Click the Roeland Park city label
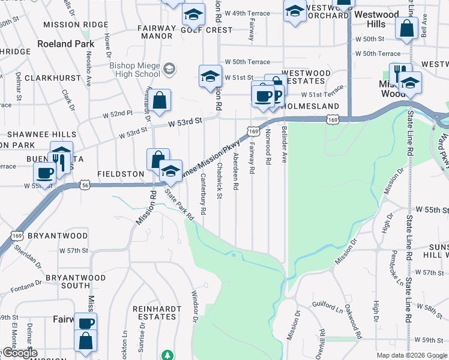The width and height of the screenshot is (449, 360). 66,44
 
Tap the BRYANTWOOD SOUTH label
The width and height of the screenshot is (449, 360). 76,282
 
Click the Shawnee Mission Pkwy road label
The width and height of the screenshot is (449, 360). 214,156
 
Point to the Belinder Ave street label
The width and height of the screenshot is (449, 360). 283,146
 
